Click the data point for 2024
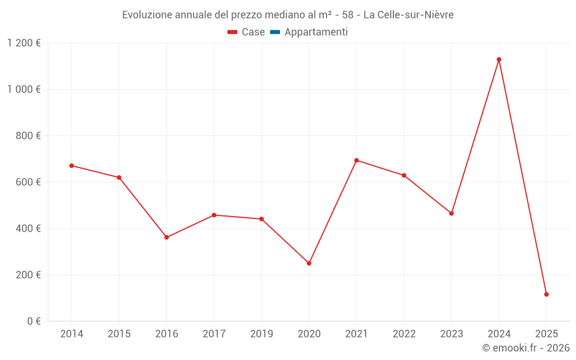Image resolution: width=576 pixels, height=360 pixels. tap(499, 59)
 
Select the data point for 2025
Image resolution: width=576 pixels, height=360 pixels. tap(546, 294)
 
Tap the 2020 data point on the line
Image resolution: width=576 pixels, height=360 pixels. tap(309, 263)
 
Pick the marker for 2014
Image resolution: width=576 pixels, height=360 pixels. tap(71, 165)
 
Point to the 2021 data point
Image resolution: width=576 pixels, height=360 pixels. tap(357, 160)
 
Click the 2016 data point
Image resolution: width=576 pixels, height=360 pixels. tap(166, 237)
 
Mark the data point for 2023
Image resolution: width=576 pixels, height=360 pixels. tap(452, 213)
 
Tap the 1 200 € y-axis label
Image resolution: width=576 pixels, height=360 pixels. tap(24, 43)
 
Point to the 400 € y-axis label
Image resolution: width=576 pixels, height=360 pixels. tap(28, 229)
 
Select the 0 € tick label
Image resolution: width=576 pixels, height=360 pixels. tap(33, 321)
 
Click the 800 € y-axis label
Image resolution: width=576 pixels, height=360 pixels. tap(28, 136)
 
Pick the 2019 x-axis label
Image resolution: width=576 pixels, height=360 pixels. tap(262, 334)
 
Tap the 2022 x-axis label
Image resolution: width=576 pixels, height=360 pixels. tap(404, 334)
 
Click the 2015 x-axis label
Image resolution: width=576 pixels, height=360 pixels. tap(119, 334)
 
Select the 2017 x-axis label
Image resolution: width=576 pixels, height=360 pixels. tap(214, 334)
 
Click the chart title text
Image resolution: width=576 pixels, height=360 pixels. tap(288, 15)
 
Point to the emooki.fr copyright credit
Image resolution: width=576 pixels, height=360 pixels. tap(526, 348)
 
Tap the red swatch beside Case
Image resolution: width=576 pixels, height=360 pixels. tap(233, 32)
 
